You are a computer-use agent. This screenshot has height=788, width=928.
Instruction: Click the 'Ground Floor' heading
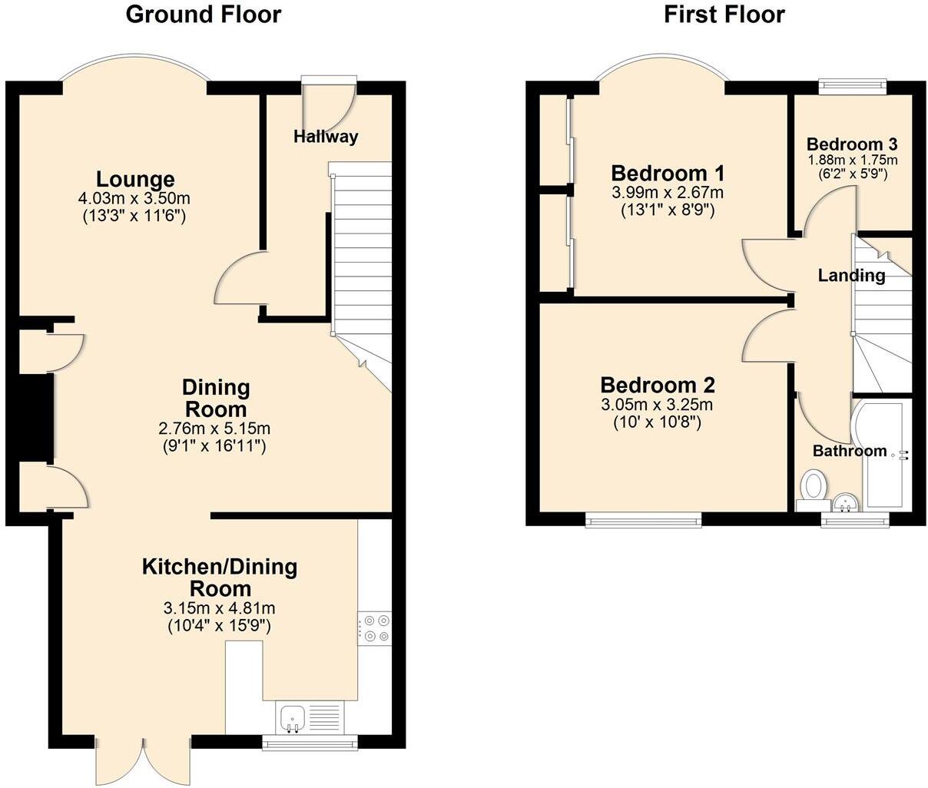[203, 14]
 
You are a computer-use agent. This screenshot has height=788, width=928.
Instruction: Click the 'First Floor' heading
[724, 14]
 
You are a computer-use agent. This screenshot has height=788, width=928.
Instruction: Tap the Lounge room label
[135, 180]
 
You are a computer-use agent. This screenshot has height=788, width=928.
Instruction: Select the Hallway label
[326, 137]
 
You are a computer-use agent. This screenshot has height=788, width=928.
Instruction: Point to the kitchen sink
[293, 718]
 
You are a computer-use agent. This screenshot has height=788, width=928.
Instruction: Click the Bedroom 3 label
[852, 144]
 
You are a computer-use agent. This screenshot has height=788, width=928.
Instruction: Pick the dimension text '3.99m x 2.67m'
[667, 193]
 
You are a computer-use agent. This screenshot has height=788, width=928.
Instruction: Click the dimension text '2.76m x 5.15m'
[214, 429]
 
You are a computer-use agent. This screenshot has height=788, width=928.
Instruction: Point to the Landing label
[851, 275]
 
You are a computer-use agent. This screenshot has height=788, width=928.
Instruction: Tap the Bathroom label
[850, 451]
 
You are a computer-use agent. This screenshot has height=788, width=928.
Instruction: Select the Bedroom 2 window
[644, 521]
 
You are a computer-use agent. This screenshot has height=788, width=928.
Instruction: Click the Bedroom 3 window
[853, 85]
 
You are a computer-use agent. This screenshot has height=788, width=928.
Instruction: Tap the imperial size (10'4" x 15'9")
[220, 625]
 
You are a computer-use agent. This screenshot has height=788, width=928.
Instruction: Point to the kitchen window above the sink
[310, 741]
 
